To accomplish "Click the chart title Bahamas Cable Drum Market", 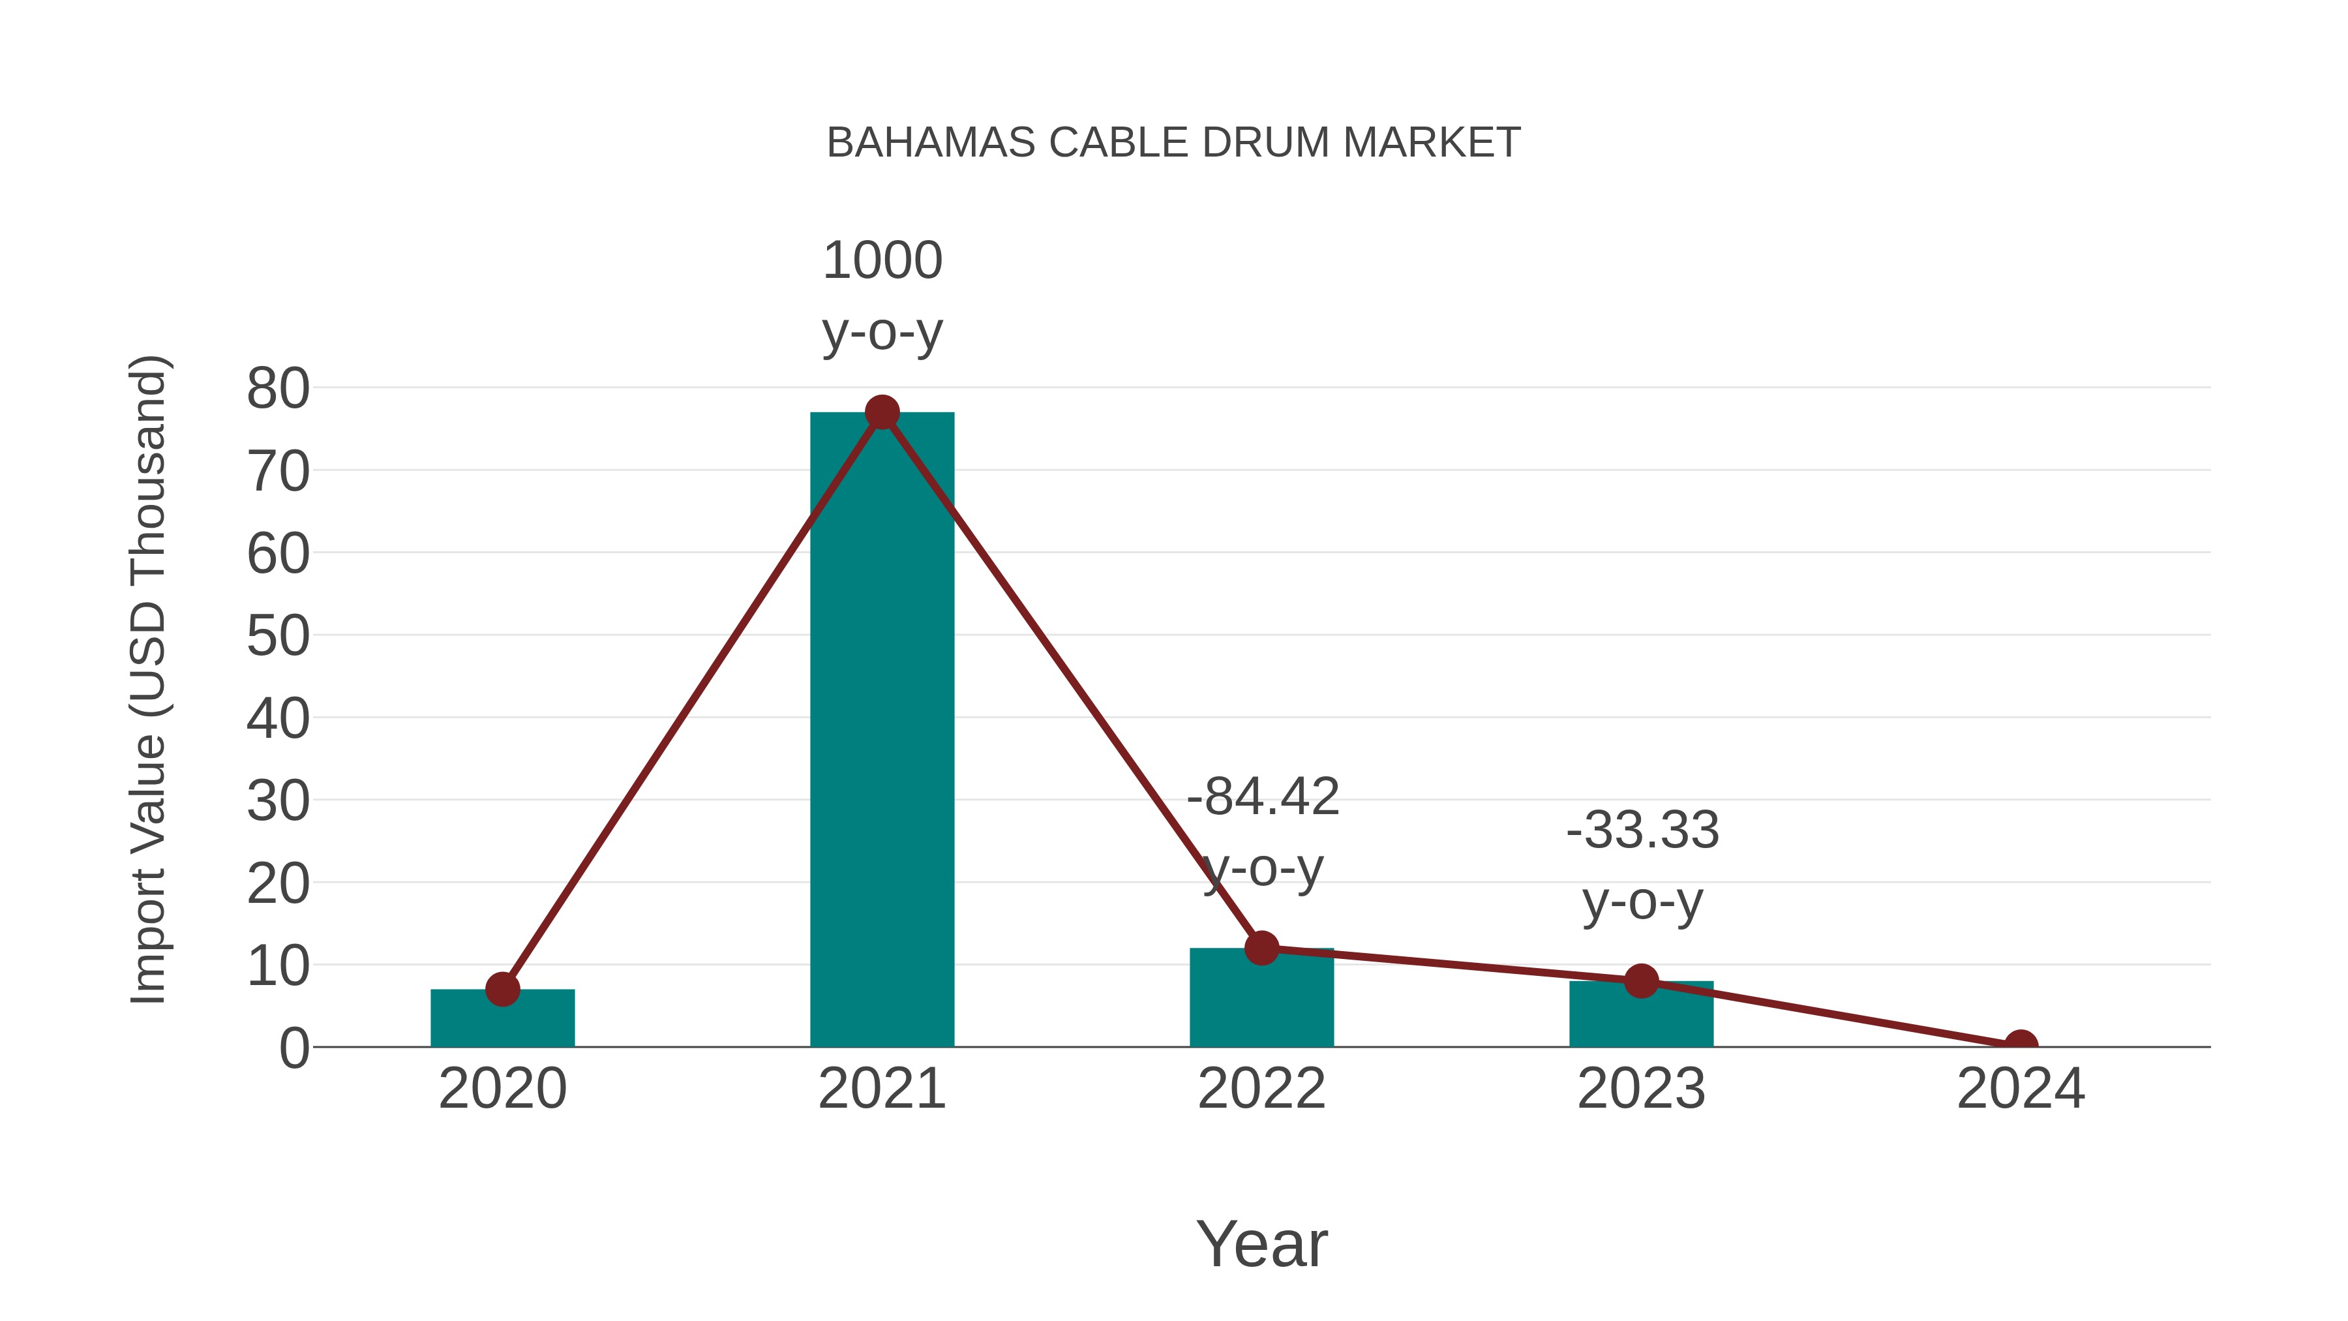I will [1173, 143].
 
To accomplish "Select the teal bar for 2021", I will [881, 729].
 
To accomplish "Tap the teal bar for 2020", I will [502, 1018].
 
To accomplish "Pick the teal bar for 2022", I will [1261, 998].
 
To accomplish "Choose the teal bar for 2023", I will [1641, 1014].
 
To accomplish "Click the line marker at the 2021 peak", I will [881, 413].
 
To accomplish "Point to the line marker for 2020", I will [502, 989].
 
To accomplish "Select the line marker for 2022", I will [1261, 948].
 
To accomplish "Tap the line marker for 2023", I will [1641, 981].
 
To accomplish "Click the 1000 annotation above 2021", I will [881, 261].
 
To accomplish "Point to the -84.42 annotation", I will [1263, 797].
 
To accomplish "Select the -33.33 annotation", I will [1642, 830].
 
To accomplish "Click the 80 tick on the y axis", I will [278, 389].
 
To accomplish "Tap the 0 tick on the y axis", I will [293, 1048].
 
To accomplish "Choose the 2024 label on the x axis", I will [2020, 1089].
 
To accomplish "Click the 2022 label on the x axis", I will [1261, 1089].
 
